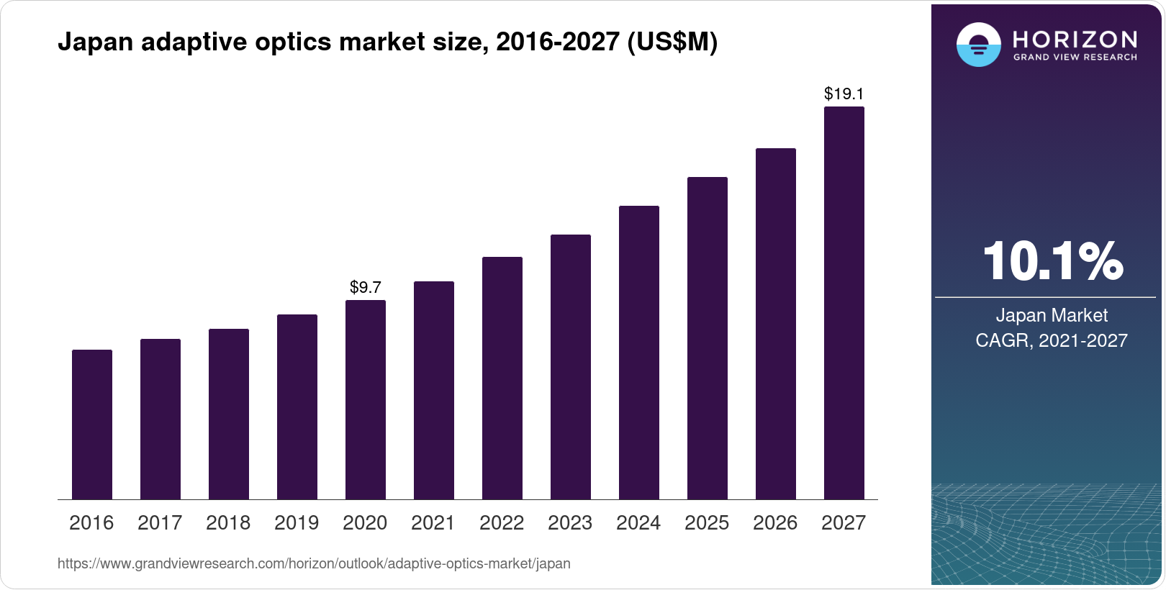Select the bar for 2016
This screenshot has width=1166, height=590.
point(92,425)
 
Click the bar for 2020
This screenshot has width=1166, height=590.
point(366,400)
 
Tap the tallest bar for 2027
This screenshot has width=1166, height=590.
point(844,303)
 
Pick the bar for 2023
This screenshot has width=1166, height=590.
point(571,367)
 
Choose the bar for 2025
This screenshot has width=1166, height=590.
point(708,338)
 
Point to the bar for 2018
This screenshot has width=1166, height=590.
point(229,414)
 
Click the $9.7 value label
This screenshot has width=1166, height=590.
point(366,287)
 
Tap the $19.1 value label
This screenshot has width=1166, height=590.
point(844,94)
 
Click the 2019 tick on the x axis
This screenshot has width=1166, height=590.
point(297,522)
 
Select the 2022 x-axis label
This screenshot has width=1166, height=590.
point(502,522)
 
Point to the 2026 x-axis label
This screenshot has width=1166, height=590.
point(775,522)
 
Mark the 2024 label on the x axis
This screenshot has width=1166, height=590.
point(638,522)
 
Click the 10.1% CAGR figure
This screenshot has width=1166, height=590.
point(1052,261)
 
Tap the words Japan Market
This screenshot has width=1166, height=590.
point(1052,315)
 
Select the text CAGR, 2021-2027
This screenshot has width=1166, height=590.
point(1052,340)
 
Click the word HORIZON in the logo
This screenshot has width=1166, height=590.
point(1075,39)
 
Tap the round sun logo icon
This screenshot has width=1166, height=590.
point(978,45)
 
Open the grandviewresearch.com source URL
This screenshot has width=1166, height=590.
point(314,563)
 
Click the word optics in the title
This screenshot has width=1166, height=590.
point(294,42)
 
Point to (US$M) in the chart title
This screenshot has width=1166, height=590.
point(672,42)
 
